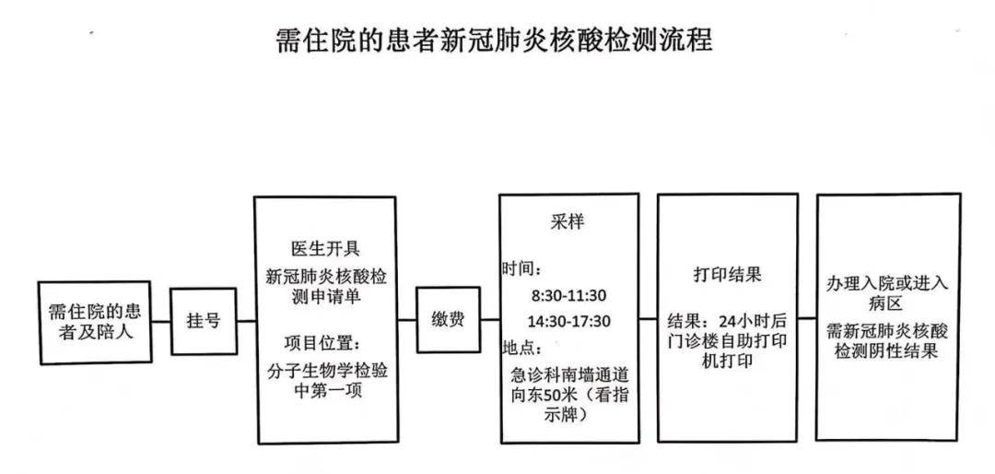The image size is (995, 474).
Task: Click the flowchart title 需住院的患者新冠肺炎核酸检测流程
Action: coord(495,40)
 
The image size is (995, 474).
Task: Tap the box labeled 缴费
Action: coord(448,319)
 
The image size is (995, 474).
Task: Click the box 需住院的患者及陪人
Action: coord(95,323)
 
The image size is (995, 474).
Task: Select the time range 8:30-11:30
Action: coord(569,295)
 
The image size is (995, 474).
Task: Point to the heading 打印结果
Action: coord(727,275)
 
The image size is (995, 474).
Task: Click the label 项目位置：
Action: coord(322,344)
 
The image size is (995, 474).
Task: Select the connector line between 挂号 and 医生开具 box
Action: coord(246,321)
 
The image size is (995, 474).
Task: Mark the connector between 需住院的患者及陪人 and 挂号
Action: coord(161,322)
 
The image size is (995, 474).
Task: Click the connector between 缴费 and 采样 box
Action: coord(490,320)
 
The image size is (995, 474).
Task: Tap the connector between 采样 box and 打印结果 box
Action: coord(649,318)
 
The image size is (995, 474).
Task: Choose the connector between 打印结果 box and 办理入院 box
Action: coord(807,318)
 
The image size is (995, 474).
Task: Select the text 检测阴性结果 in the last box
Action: coord(886,351)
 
